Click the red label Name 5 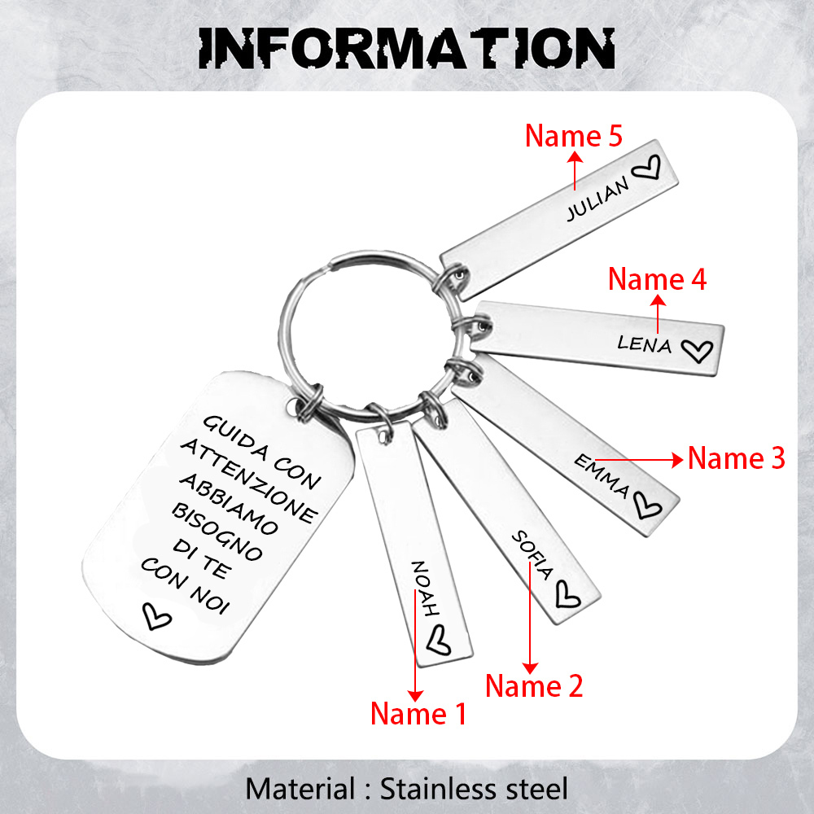pos(573,136)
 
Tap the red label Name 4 pos(658,279)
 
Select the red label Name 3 pos(737,458)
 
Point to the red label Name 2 pos(534,686)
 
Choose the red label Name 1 pos(418,714)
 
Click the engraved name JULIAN pos(598,199)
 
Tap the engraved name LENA pos(645,344)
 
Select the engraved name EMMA pos(602,475)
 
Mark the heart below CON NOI pos(156,616)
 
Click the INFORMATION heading pos(406,48)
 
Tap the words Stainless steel pos(475,788)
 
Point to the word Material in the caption pos(298,788)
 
